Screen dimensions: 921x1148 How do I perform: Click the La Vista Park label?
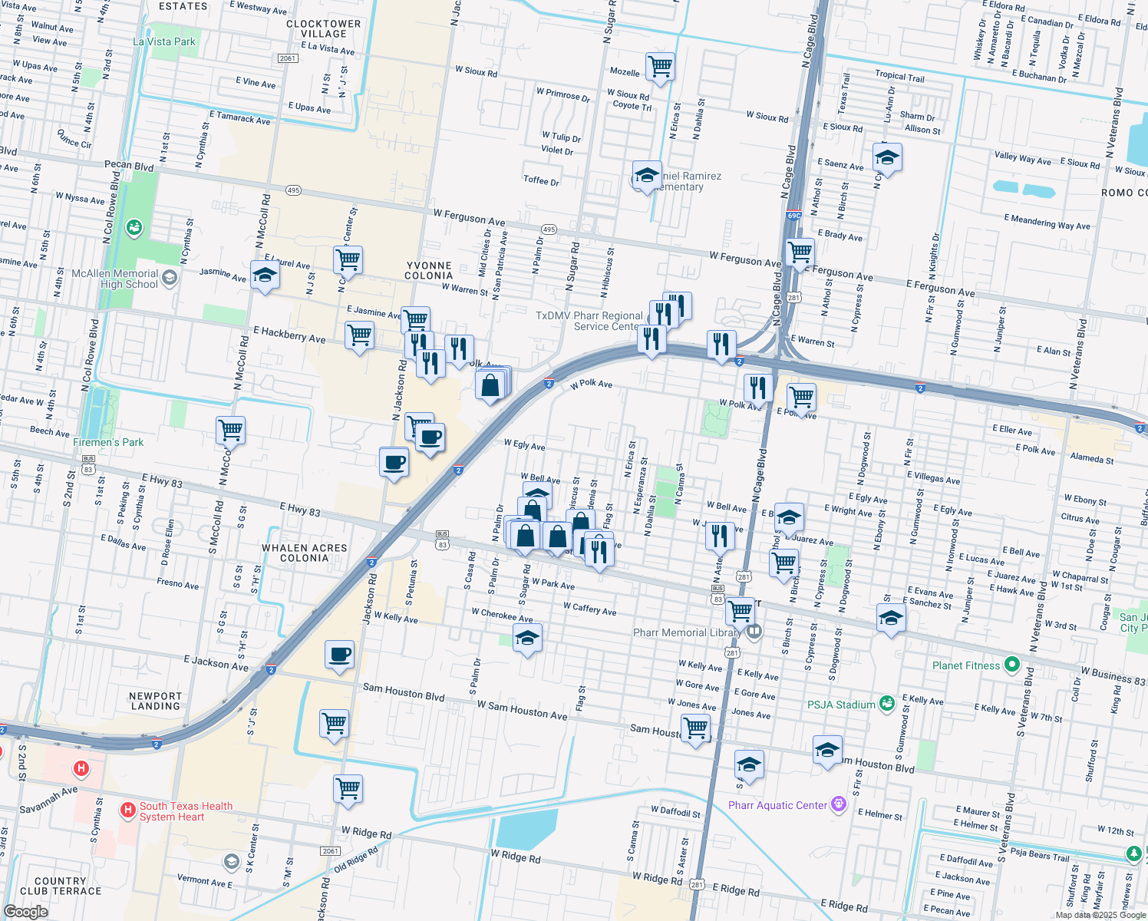click(x=164, y=41)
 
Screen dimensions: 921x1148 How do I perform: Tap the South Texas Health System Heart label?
click(x=186, y=811)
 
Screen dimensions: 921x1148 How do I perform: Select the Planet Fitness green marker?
click(x=1011, y=665)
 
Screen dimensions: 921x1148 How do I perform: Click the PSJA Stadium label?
click(x=841, y=705)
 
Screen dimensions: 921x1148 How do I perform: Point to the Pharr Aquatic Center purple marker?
click(x=838, y=804)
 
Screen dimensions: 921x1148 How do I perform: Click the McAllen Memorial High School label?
click(x=114, y=279)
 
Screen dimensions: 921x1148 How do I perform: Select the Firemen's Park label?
click(x=108, y=442)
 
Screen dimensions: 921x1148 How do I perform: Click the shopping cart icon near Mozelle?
click(x=660, y=67)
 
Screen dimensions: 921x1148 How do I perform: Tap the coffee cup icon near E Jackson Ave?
click(x=339, y=655)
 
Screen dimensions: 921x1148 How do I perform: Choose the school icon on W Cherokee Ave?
click(x=527, y=638)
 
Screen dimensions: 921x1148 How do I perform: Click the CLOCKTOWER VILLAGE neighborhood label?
click(x=323, y=28)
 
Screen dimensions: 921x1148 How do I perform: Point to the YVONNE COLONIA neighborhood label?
click(x=429, y=270)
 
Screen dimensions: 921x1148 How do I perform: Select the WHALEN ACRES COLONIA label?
click(x=305, y=553)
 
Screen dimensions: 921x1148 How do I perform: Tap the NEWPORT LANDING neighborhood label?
click(x=155, y=701)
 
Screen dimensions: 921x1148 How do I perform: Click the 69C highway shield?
click(x=794, y=216)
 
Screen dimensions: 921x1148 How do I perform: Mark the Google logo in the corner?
click(x=26, y=911)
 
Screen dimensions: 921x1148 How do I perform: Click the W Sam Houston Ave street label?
click(x=522, y=710)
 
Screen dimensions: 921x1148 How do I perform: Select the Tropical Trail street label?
click(x=899, y=76)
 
